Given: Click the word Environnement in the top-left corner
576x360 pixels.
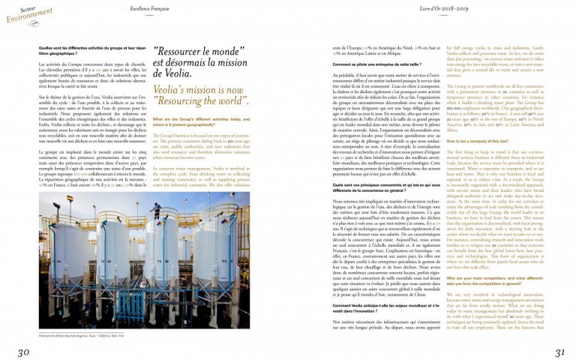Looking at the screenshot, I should click(25, 13).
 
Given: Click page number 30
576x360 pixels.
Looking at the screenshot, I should click(24, 352).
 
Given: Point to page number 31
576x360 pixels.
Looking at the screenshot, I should click(559, 352).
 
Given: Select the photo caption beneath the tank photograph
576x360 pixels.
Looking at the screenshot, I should click(82, 336).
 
